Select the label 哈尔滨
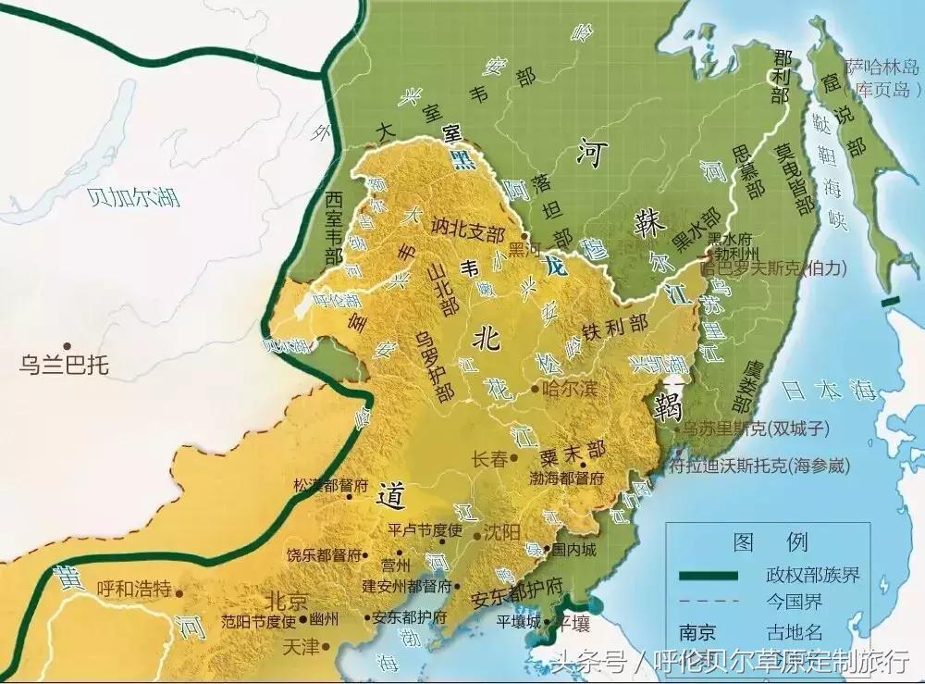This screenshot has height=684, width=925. (x=567, y=389)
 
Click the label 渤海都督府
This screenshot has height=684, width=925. (x=566, y=479)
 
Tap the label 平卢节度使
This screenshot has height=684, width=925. (x=424, y=531)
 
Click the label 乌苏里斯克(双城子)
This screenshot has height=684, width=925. (x=760, y=429)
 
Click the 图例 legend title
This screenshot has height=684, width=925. (x=757, y=541)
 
